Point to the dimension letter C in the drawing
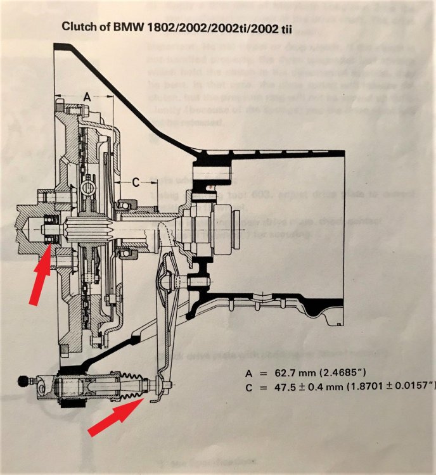(136, 181)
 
